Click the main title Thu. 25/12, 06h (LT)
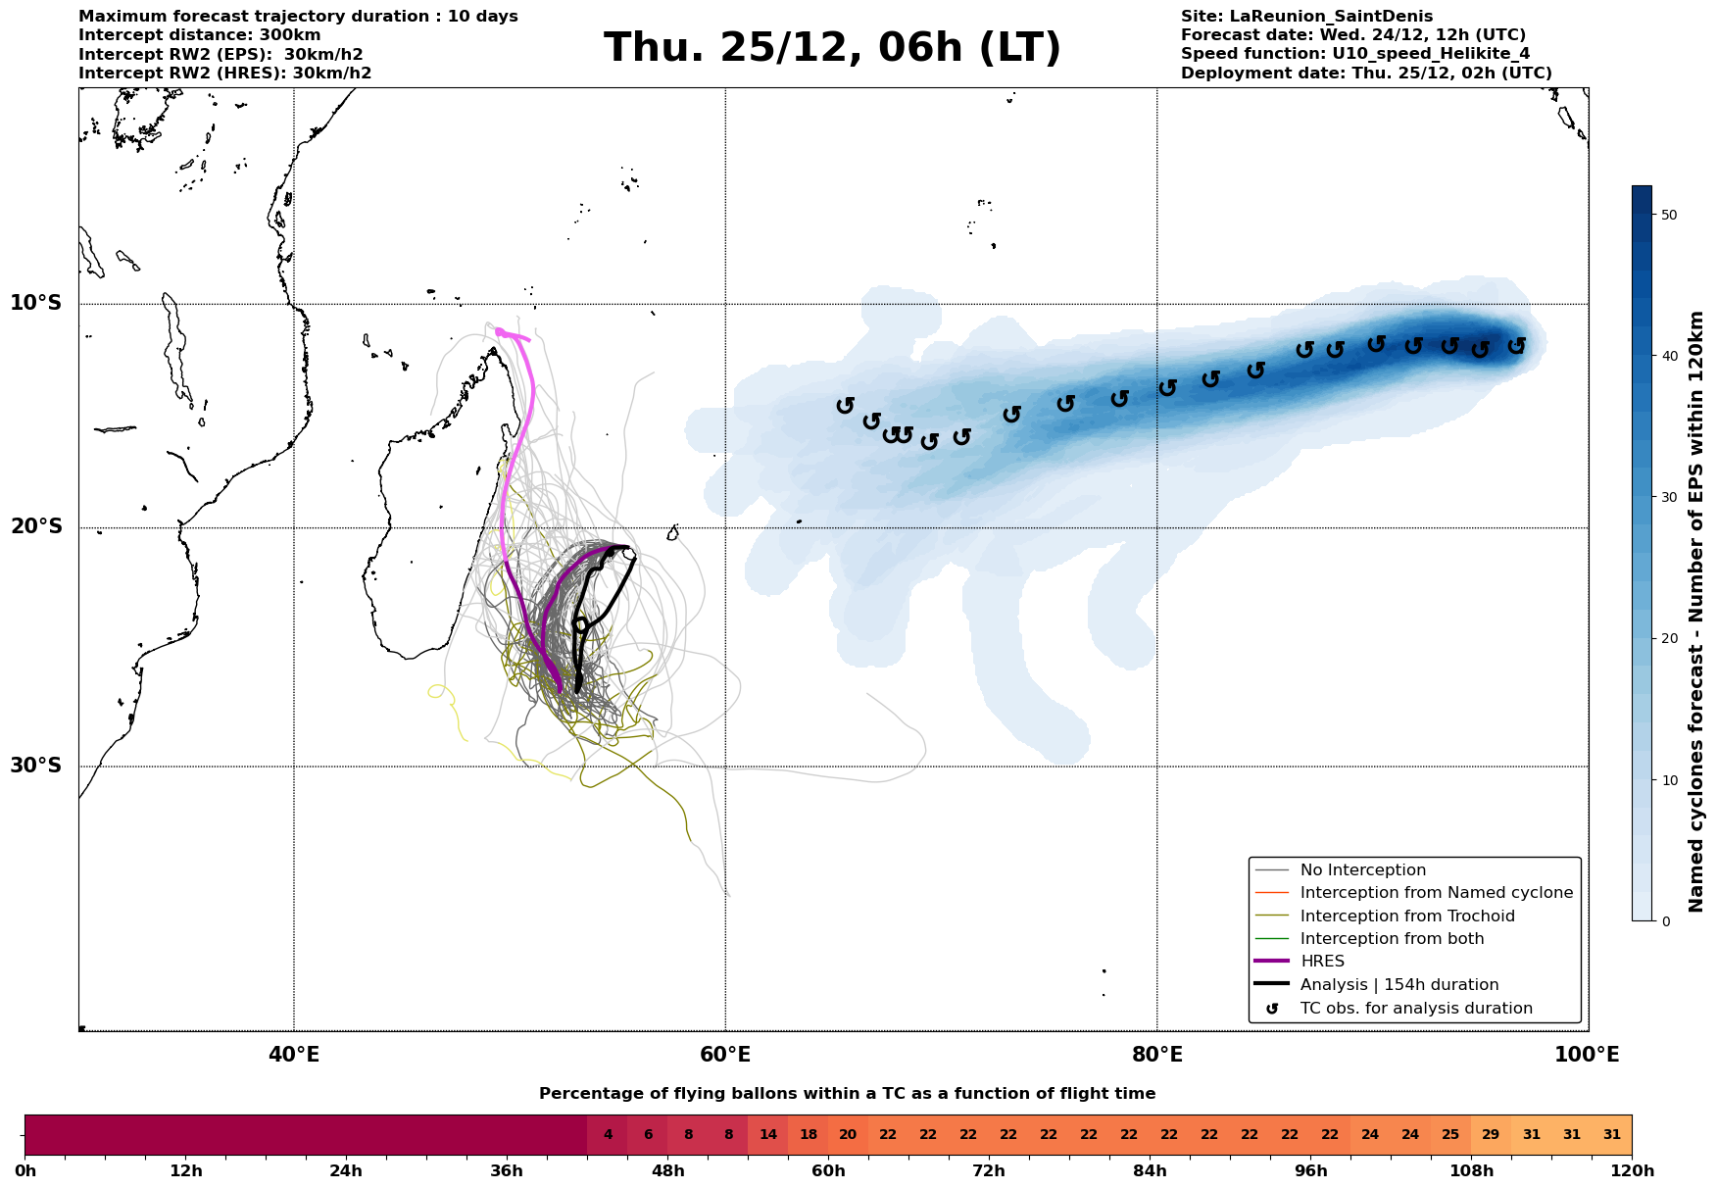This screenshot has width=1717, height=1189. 832,48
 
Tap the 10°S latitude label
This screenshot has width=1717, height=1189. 36,303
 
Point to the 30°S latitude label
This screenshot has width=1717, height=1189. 36,766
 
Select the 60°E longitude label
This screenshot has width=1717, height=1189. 725,1055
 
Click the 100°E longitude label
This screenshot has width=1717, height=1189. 1587,1055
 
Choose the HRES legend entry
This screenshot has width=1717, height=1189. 1322,962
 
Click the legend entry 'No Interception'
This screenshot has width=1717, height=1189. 1362,870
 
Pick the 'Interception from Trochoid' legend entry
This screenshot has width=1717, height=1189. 1406,917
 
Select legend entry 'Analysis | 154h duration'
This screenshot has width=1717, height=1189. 1398,985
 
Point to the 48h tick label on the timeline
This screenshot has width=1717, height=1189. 667,1171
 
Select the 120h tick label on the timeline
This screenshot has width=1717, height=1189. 1631,1171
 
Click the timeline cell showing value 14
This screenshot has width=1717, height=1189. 768,1135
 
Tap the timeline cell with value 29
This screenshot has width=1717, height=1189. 1491,1135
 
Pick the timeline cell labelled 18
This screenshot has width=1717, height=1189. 809,1135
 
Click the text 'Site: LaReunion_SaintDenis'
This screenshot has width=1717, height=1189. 1306,17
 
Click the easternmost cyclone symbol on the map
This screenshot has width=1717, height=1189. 1516,345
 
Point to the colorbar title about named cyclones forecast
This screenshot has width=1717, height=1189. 1696,612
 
